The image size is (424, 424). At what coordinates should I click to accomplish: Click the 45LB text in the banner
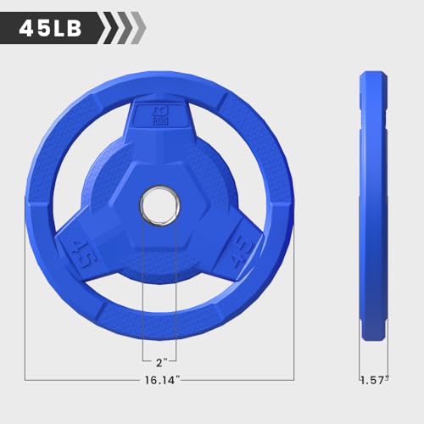coord(50,29)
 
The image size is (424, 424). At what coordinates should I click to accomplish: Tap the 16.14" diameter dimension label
coord(162,380)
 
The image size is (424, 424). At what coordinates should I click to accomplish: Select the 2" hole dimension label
coord(161,363)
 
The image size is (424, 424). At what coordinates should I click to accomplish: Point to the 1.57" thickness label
coord(374,380)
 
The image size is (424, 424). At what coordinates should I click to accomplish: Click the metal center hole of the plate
coord(159,205)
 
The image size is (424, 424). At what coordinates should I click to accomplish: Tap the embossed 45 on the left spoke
coord(82,254)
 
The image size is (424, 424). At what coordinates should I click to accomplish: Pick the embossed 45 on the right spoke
coord(242,252)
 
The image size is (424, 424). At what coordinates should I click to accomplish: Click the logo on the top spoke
coord(160,116)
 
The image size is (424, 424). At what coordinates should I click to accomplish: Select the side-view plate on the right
coord(373,205)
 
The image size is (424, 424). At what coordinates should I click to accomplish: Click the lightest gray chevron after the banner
coord(139,28)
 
